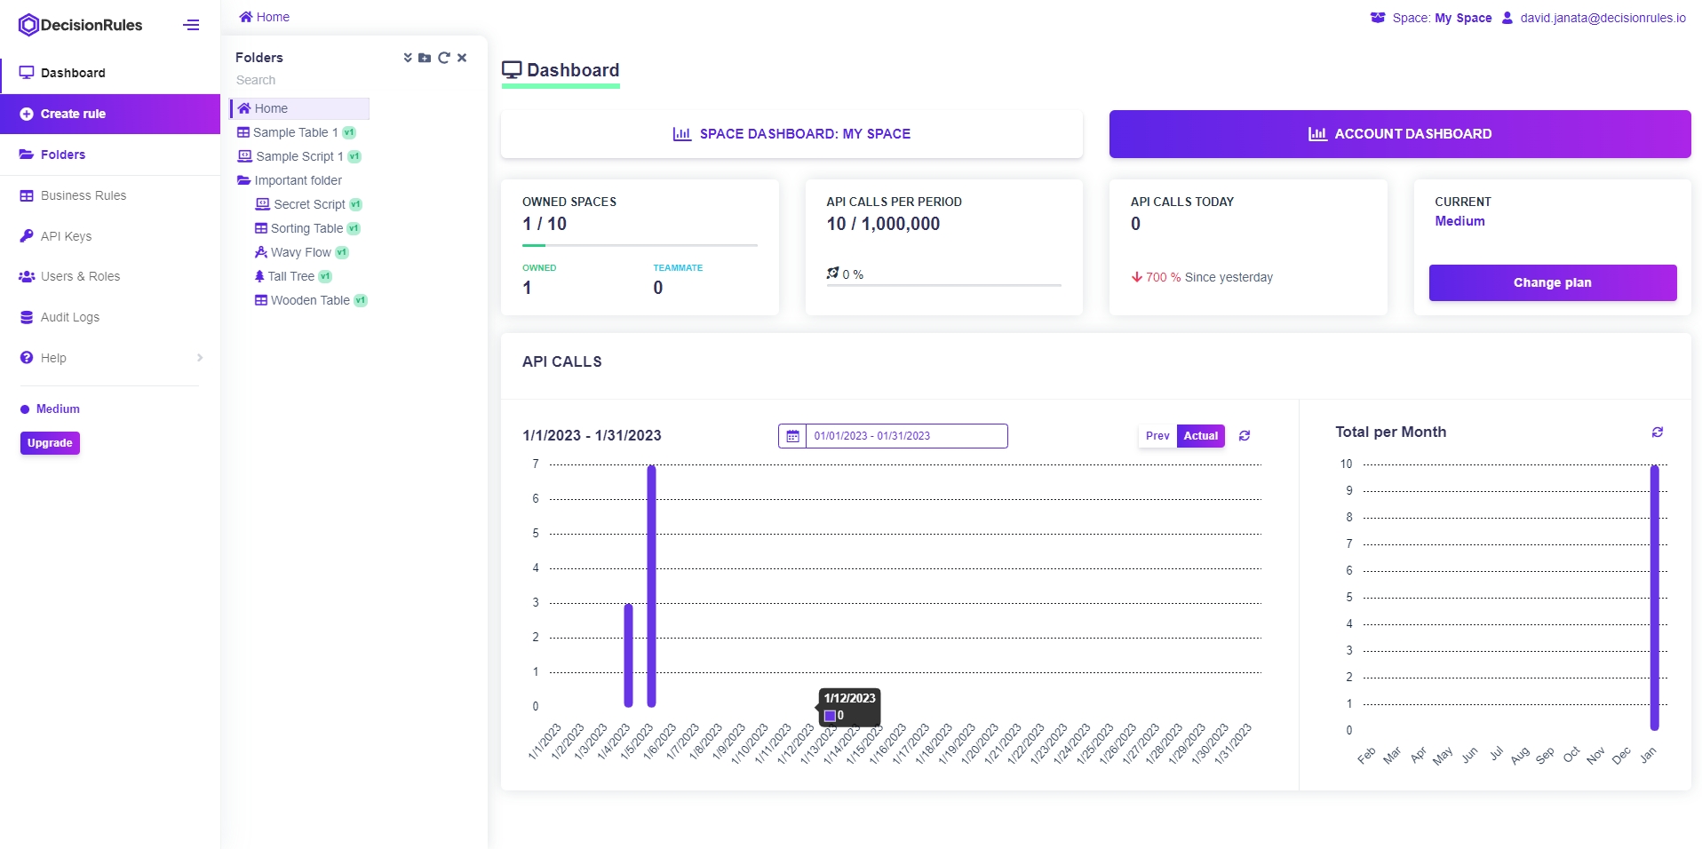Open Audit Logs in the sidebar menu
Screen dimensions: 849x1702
[x=69, y=317]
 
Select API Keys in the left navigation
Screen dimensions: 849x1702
[x=66, y=236]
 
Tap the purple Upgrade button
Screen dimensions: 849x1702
[x=50, y=443]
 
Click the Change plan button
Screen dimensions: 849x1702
[x=1552, y=282]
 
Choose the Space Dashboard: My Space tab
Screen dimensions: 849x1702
[x=791, y=134]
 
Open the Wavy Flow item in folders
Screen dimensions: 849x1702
[x=300, y=252]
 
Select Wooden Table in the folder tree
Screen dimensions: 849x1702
[x=309, y=300]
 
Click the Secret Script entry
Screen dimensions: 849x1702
[x=308, y=204]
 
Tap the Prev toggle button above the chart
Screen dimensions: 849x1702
[x=1157, y=436]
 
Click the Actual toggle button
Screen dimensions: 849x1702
[x=1200, y=436]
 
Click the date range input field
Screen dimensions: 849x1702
[x=905, y=436]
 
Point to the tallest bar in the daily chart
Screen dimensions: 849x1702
[x=651, y=586]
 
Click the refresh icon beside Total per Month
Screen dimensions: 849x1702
[x=1657, y=432]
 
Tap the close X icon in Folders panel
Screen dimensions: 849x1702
[x=462, y=58]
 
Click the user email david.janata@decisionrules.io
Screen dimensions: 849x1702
[x=1602, y=18]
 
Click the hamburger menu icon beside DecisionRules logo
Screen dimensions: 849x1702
[x=191, y=25]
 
